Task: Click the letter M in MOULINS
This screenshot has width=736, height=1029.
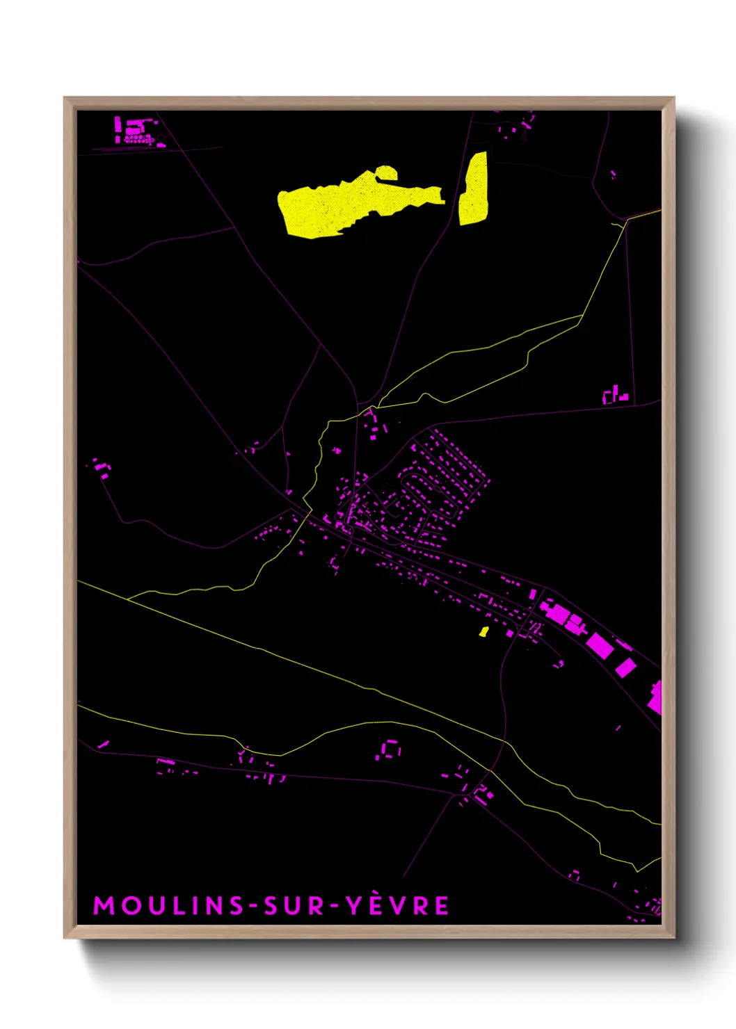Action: (x=103, y=906)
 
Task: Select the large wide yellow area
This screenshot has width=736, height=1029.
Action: (x=348, y=205)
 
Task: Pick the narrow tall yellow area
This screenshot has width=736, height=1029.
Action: (x=474, y=189)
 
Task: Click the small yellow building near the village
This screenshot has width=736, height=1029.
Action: (x=483, y=631)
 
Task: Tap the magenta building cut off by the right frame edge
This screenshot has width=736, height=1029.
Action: (x=655, y=698)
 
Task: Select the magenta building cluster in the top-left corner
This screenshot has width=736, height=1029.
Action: (x=136, y=132)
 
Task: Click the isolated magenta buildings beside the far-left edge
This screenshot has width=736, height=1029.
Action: (x=102, y=469)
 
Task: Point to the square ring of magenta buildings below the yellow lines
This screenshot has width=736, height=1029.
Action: (x=390, y=750)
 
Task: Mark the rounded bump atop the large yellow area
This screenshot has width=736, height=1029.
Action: (x=385, y=172)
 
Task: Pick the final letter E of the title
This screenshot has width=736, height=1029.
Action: (x=441, y=906)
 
